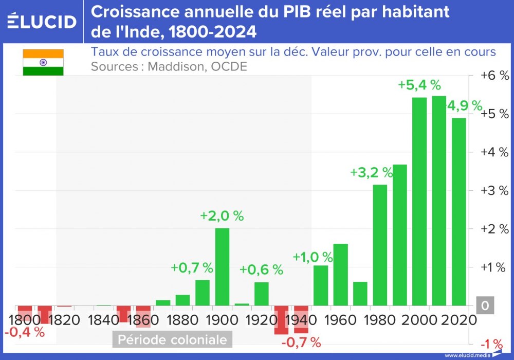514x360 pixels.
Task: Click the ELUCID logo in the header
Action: tap(42, 22)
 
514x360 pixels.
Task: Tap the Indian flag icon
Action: tap(43, 62)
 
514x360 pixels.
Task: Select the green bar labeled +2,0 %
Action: tap(222, 267)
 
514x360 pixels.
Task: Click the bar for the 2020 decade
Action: tap(459, 212)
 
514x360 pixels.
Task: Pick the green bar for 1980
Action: tap(380, 245)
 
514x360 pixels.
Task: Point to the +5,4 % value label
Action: tap(419, 85)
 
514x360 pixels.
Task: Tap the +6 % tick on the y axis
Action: tap(494, 75)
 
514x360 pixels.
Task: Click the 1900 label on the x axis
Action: tap(222, 320)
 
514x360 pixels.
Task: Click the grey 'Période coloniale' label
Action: tap(172, 340)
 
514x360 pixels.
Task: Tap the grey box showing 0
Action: tap(484, 307)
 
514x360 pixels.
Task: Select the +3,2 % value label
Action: tap(371, 172)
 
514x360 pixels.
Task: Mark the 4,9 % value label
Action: tap(464, 106)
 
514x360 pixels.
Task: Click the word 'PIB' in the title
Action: tap(290, 11)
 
